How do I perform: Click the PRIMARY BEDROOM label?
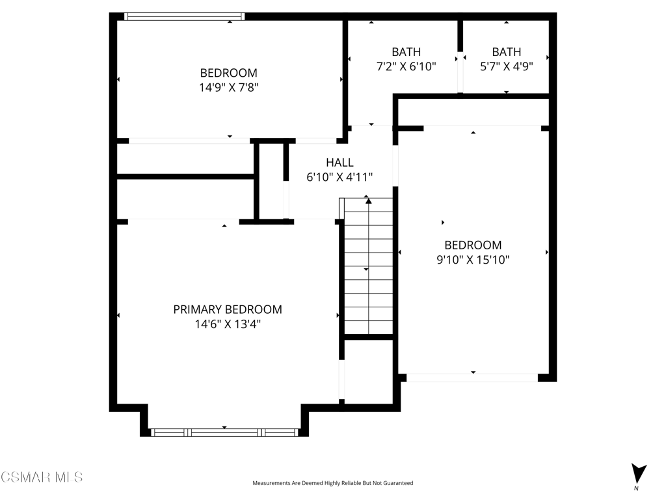click(x=228, y=309)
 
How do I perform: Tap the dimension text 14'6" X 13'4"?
click(x=228, y=324)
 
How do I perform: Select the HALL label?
click(x=340, y=162)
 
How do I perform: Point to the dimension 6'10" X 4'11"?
click(x=340, y=177)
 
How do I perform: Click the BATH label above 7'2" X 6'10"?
click(x=406, y=52)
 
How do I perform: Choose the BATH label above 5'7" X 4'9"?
click(x=507, y=52)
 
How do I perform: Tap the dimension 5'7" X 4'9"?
click(x=507, y=66)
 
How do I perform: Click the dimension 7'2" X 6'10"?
click(x=406, y=66)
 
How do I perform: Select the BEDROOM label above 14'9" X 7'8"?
click(x=229, y=73)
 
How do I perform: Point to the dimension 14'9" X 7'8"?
click(x=229, y=87)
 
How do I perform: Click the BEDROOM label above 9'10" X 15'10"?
click(x=473, y=245)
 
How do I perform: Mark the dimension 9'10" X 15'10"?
click(x=473, y=259)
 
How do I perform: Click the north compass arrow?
click(x=639, y=473)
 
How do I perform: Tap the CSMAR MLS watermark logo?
click(x=42, y=477)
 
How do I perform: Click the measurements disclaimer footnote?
click(x=333, y=483)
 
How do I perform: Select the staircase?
click(x=368, y=266)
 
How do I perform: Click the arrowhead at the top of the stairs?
click(x=368, y=201)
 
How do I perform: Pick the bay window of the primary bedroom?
click(x=224, y=432)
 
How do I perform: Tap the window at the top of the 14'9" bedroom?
click(x=184, y=16)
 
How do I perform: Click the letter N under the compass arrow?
click(x=636, y=488)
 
